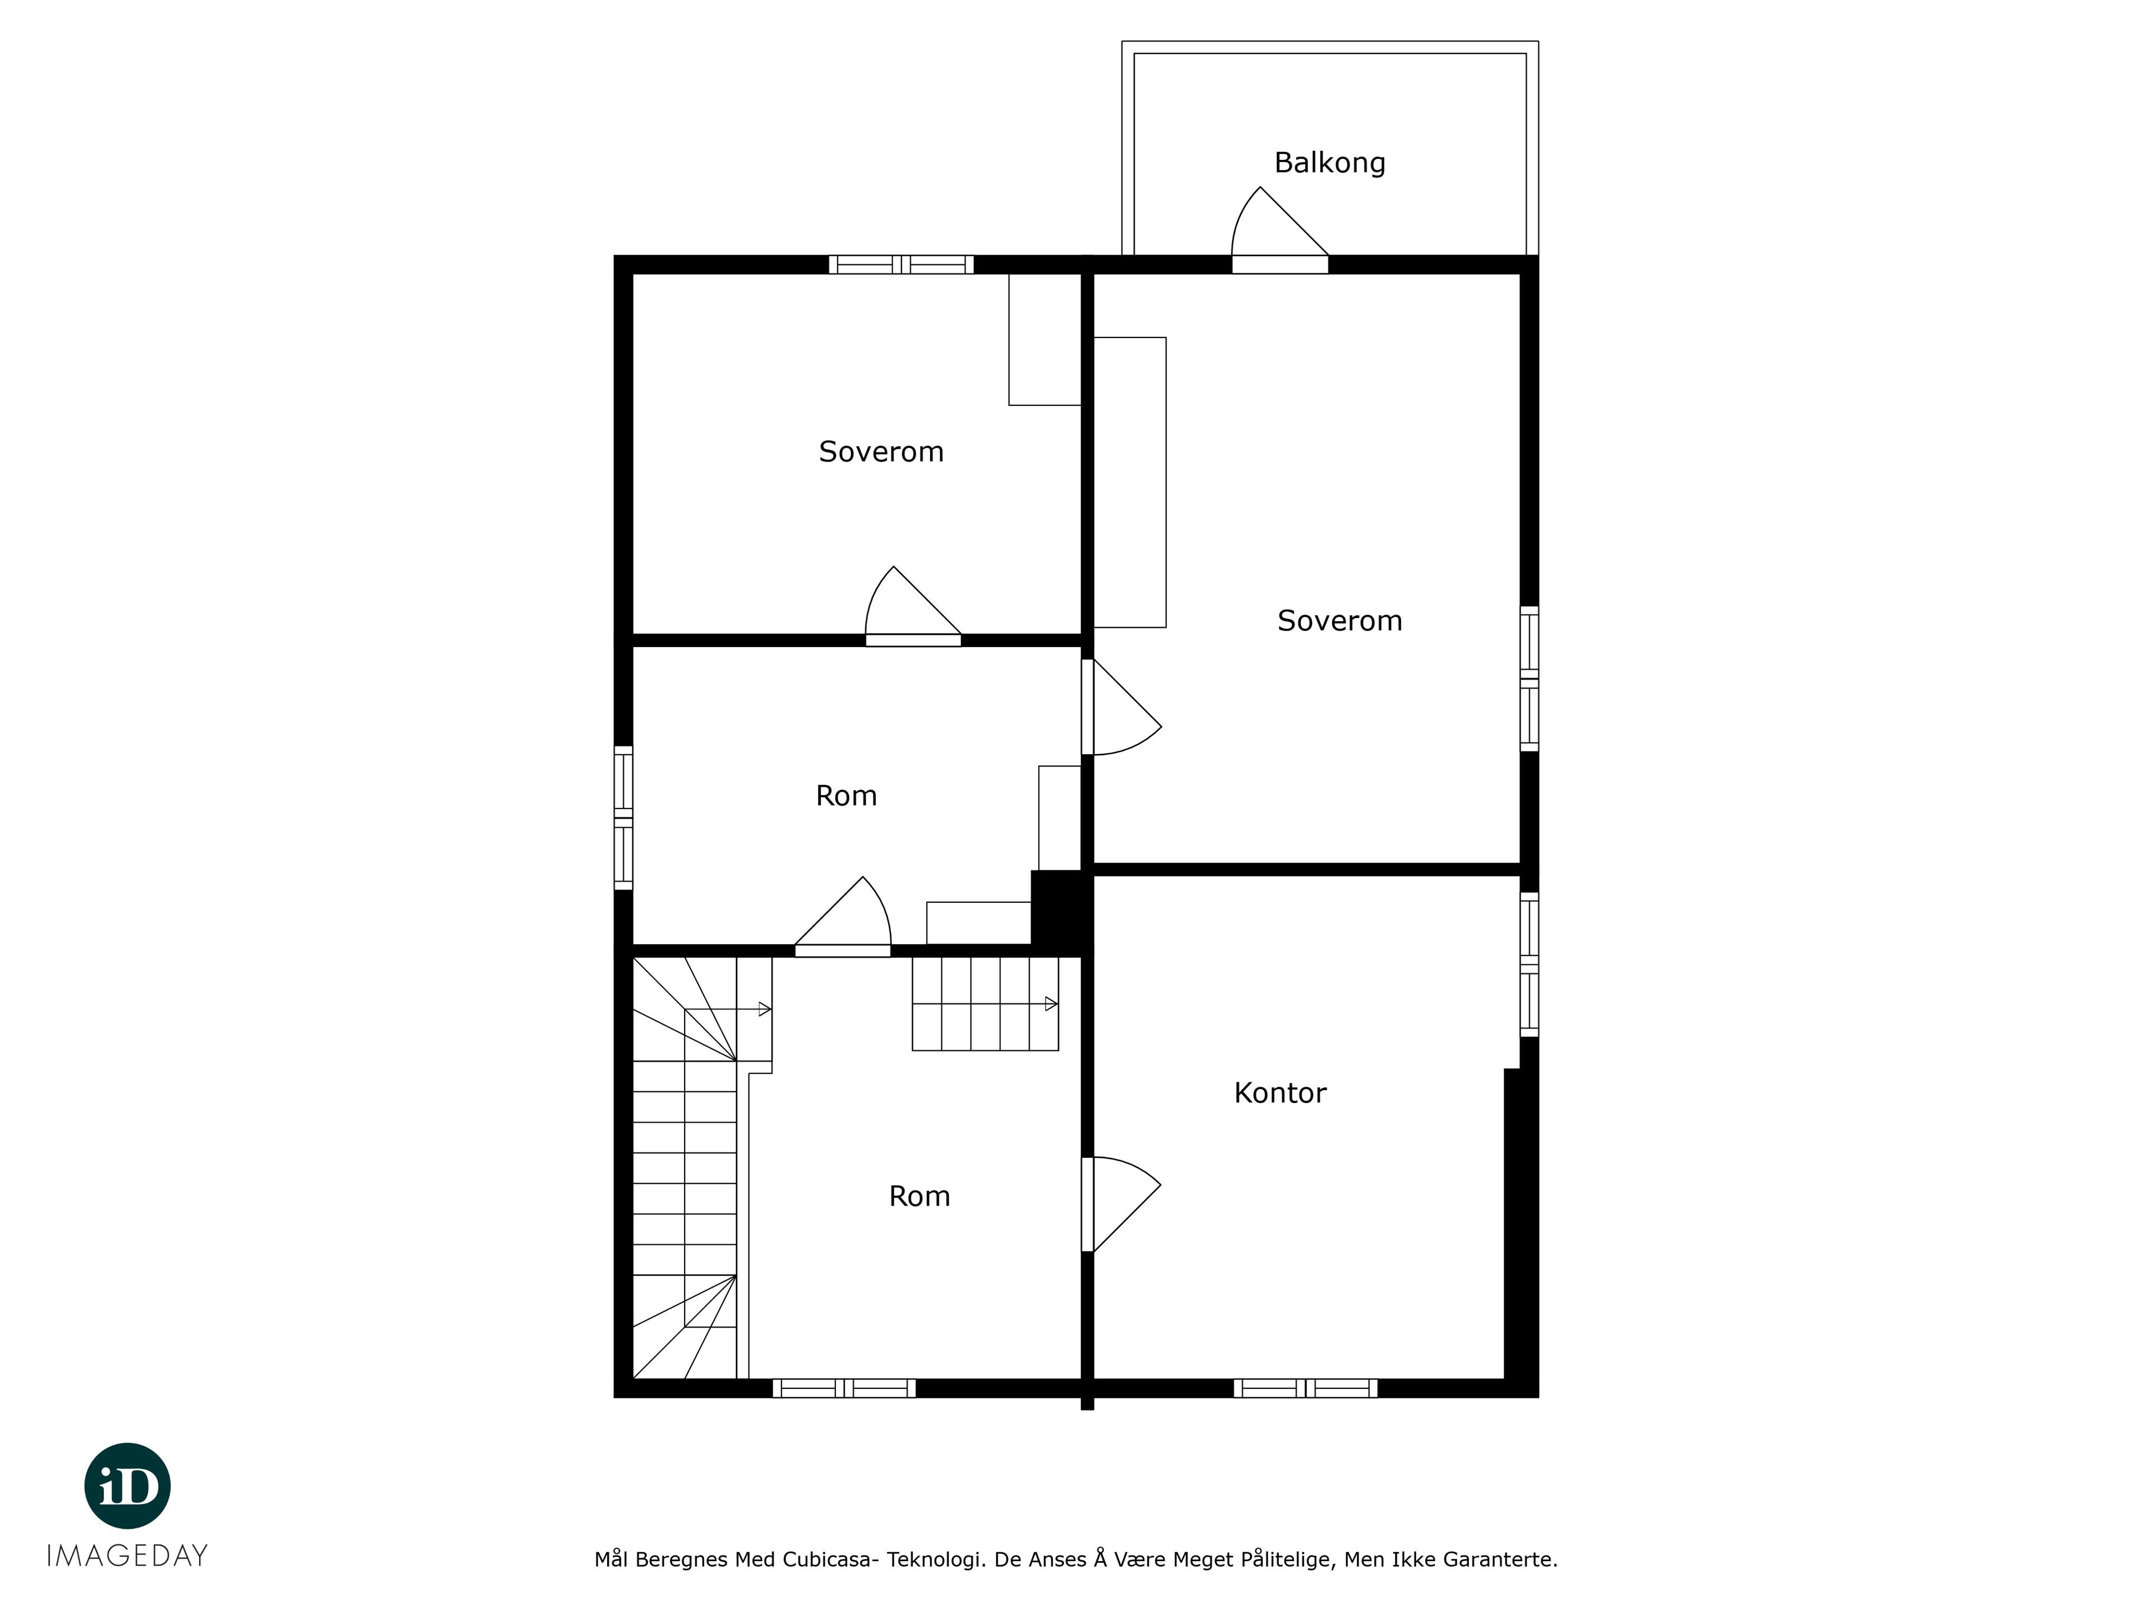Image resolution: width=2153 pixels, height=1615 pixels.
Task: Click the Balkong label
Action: point(1329,163)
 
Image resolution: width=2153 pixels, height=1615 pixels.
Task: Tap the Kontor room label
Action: point(1280,1093)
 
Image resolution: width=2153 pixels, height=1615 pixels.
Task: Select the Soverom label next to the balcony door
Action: point(1339,621)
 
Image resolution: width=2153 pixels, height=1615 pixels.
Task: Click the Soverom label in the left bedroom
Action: point(881,451)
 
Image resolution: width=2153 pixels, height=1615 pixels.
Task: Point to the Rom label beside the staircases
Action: point(919,1197)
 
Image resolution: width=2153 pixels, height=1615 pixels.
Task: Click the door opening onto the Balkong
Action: point(1280,230)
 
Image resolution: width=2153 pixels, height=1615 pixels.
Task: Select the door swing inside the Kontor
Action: point(1121,1204)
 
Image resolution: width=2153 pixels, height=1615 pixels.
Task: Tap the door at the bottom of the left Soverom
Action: point(913,606)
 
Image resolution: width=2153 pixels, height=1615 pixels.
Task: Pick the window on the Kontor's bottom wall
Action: point(1305,1388)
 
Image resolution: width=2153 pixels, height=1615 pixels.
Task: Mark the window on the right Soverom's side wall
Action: point(1529,679)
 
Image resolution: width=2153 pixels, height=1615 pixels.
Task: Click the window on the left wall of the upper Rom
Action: point(623,818)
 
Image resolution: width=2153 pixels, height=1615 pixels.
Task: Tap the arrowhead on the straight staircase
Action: point(1051,1004)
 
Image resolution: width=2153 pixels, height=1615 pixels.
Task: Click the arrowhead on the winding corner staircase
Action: point(765,1009)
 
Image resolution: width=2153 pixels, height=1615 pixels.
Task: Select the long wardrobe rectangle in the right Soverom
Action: point(1130,483)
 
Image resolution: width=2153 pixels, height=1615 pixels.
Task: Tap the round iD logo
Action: point(127,1485)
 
